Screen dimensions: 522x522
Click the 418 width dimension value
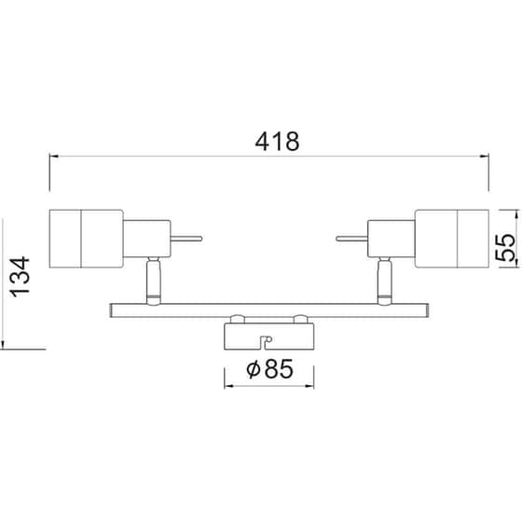(x=277, y=143)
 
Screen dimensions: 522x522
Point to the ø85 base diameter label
(x=270, y=369)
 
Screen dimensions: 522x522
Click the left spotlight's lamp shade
(x=86, y=238)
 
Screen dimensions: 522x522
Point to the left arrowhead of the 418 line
(x=54, y=157)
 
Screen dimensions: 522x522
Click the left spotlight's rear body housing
(x=145, y=238)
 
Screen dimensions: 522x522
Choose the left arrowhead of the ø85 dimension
(x=227, y=384)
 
